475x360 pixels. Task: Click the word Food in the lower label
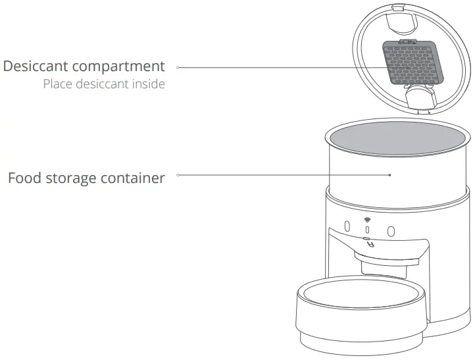24,178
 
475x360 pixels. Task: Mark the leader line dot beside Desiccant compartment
178,67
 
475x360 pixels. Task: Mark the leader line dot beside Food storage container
178,175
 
